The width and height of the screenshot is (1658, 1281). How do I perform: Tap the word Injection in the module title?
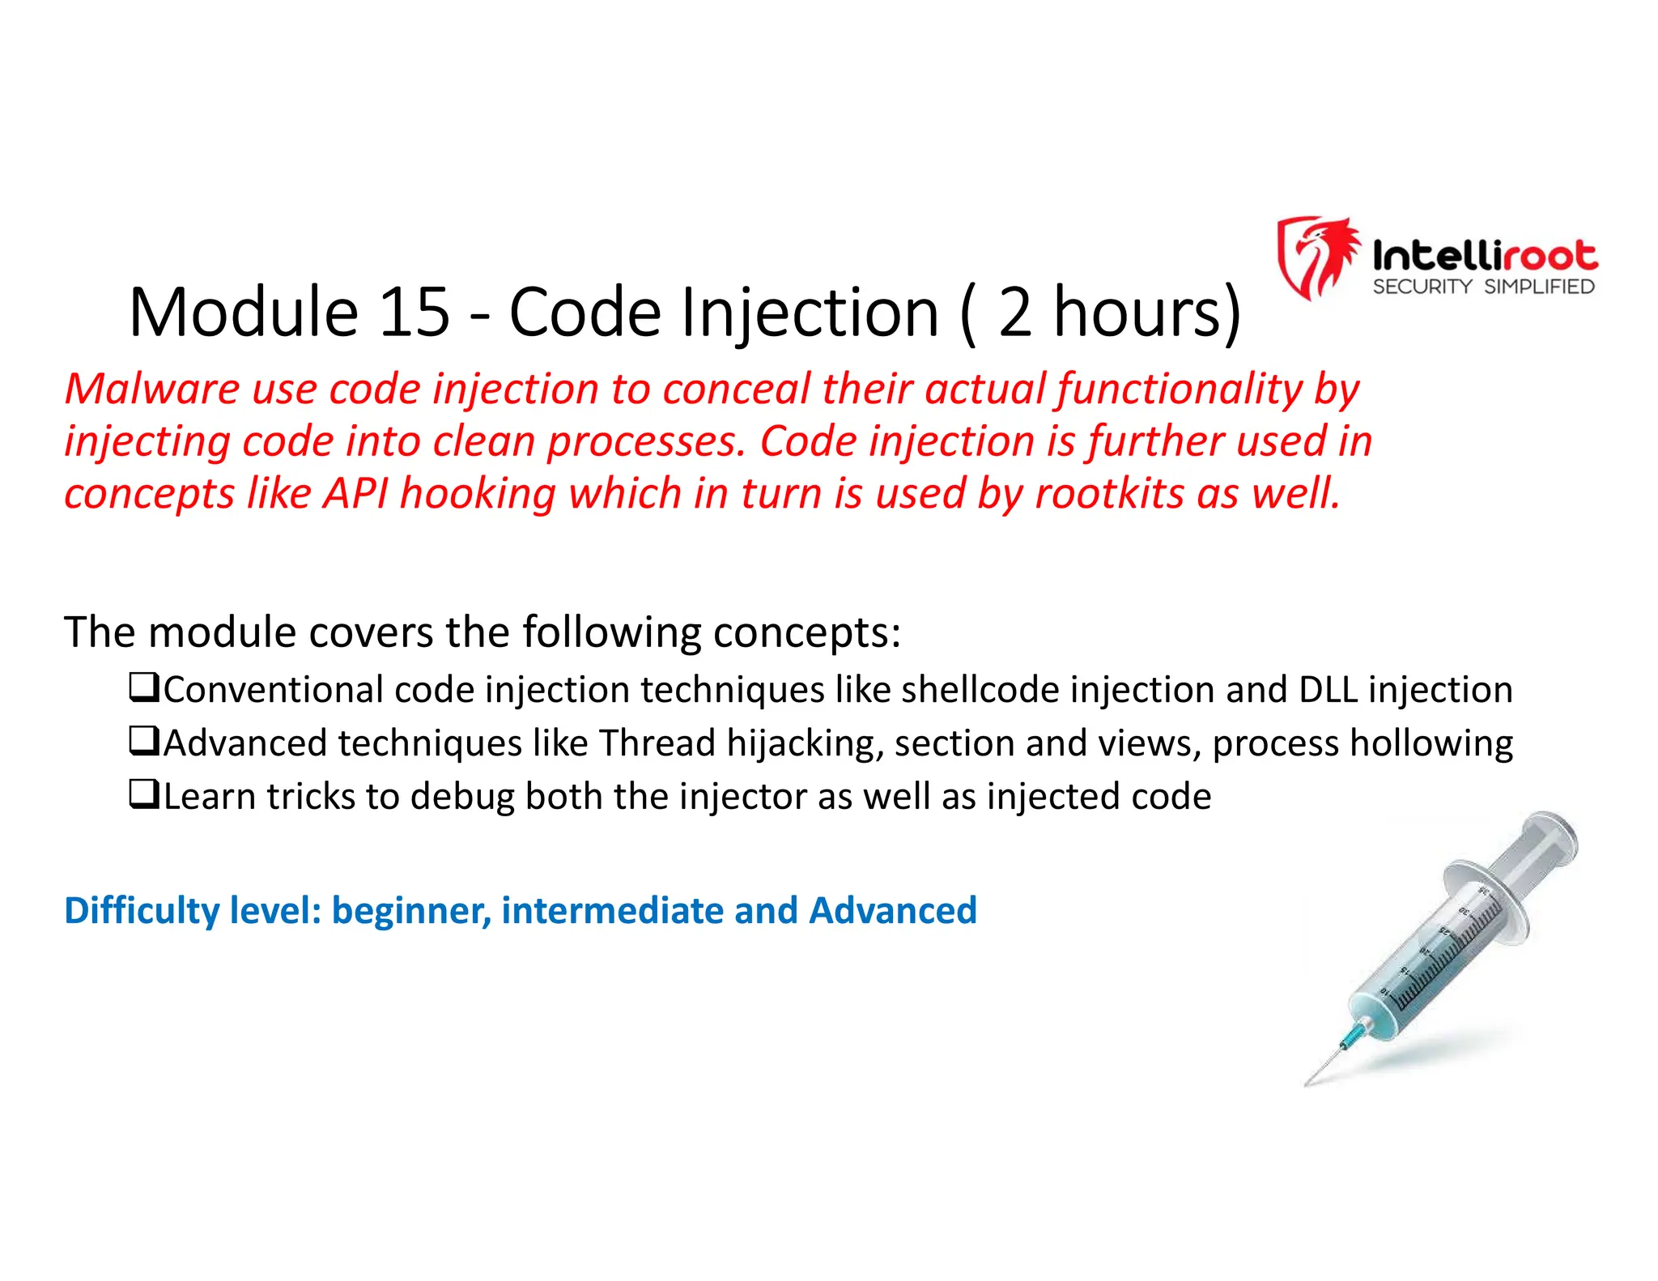809,313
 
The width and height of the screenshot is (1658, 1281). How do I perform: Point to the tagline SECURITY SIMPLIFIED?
1483,287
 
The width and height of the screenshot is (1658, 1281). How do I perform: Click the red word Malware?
151,389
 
